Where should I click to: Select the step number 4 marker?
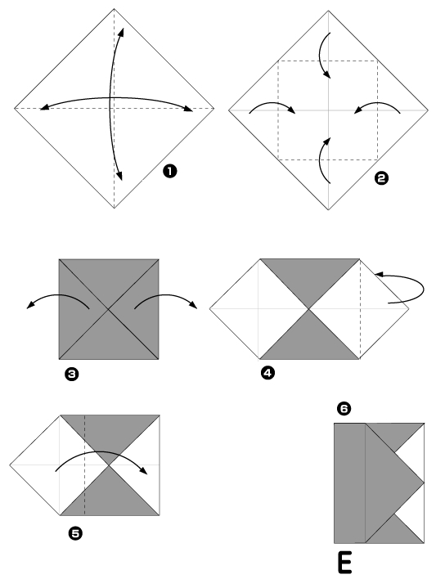(x=267, y=373)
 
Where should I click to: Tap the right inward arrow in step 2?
(x=379, y=107)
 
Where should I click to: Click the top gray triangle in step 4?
(x=309, y=278)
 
